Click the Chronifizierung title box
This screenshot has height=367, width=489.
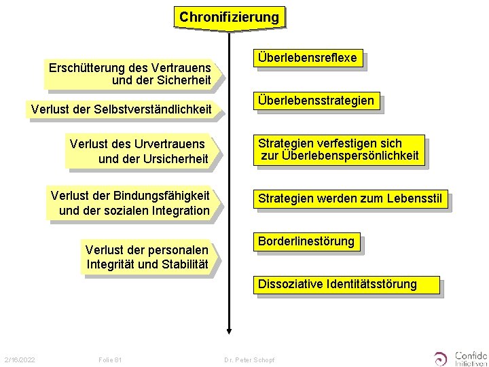point(229,16)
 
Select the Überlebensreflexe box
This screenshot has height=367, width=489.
point(306,58)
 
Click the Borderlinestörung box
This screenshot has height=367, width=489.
point(306,241)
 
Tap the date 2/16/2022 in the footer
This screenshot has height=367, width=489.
point(19,358)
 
